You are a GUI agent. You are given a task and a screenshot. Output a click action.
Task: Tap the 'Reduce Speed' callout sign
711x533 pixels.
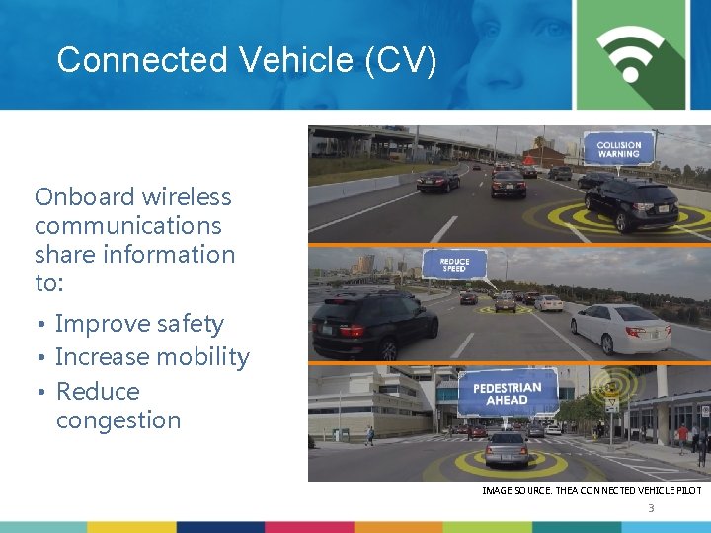[453, 265]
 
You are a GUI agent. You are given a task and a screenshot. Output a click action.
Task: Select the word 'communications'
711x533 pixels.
[128, 225]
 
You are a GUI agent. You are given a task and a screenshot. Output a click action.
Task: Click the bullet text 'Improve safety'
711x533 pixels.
[139, 324]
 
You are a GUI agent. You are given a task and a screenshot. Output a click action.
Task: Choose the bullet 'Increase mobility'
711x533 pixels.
[152, 357]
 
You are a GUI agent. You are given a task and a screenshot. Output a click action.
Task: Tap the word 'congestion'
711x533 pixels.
[118, 420]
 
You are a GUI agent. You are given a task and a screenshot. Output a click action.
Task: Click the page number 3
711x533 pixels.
[651, 508]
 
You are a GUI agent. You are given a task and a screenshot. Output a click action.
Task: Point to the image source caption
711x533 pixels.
[592, 490]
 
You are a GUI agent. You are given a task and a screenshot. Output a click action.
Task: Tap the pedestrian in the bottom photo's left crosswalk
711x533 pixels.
[369, 435]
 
